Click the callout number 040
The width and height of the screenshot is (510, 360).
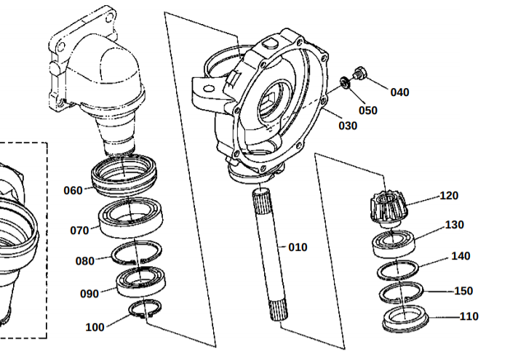point(399,92)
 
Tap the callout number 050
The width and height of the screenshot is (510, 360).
point(368,111)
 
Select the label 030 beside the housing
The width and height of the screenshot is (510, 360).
point(348,126)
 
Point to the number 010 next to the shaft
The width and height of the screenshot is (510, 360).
point(298,247)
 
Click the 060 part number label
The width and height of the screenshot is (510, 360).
point(73,191)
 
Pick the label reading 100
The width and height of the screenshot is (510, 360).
point(95,327)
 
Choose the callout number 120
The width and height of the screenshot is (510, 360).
point(449,196)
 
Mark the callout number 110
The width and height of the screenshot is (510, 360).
point(469,316)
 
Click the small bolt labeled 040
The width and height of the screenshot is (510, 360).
point(359,73)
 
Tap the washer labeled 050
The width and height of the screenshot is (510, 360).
point(345,82)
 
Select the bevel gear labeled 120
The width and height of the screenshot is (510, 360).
point(389,209)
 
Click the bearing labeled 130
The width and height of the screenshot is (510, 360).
point(394,244)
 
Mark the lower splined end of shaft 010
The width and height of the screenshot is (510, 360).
point(279,310)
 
